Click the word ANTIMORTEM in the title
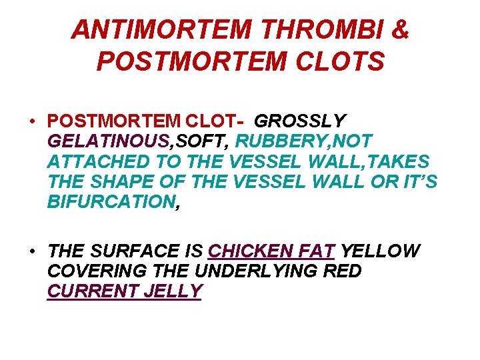(x=161, y=29)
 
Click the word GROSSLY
(x=301, y=121)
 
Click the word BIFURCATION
(x=111, y=202)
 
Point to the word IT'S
(x=417, y=182)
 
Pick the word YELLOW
(x=381, y=251)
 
